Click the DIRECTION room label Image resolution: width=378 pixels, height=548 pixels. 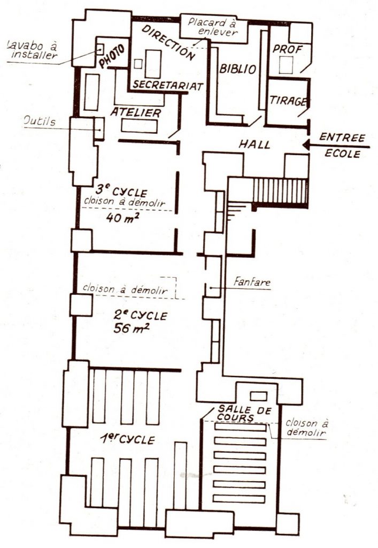coord(168,43)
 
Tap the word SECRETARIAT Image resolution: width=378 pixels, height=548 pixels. coord(168,85)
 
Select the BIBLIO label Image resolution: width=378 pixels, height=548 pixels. coord(238,69)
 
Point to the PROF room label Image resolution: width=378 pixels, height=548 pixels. coord(287,49)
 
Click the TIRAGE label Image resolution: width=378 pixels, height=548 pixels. coord(288,101)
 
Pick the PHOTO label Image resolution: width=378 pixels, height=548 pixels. coord(112,56)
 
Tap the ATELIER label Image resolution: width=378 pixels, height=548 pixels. coord(135,112)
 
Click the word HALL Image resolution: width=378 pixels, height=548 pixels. coord(254,144)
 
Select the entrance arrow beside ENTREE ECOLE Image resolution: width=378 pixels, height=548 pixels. coord(336,144)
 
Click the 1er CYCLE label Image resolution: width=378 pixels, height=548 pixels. coord(127,439)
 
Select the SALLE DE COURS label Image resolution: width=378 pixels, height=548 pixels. coord(244,414)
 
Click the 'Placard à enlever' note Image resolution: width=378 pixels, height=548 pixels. coord(212,27)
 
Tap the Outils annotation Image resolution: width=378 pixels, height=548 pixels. coord(40,121)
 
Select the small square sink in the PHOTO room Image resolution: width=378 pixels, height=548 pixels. coord(100,49)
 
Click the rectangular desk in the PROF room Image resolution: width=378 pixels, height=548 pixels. coord(286,65)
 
